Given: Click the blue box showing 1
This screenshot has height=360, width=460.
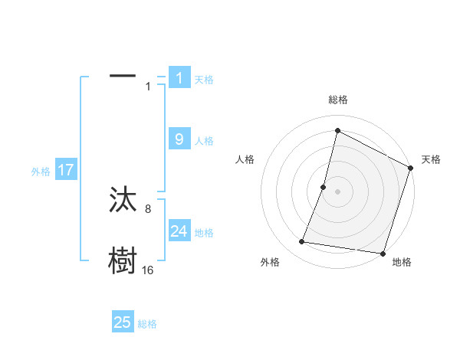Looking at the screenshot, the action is [x=179, y=77].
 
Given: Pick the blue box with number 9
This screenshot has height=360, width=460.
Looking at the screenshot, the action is [x=179, y=139].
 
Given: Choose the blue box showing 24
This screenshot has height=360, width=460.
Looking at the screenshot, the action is [x=179, y=231].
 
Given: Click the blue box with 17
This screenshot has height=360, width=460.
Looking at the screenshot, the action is [x=66, y=170].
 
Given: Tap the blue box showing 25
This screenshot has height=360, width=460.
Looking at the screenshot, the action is [x=123, y=322].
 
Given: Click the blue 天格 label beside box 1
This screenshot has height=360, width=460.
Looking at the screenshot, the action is [x=204, y=79].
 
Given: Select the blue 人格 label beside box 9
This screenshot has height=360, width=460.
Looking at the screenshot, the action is [x=204, y=141].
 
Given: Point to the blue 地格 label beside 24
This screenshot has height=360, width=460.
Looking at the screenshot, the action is [x=204, y=233].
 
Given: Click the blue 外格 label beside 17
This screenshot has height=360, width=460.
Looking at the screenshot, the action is [x=41, y=172].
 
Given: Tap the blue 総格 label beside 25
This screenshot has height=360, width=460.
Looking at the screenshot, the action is [x=147, y=324].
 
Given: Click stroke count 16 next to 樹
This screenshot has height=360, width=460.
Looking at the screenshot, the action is [x=147, y=270].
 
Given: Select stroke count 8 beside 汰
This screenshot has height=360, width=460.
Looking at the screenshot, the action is [x=149, y=208].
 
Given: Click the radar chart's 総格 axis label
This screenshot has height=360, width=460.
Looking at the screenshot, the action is [x=337, y=100].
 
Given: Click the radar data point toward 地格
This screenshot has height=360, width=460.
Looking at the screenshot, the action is [x=382, y=253].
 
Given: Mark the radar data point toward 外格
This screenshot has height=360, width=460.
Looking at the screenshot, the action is [x=302, y=242].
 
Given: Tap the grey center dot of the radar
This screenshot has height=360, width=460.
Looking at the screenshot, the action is [x=337, y=191].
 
